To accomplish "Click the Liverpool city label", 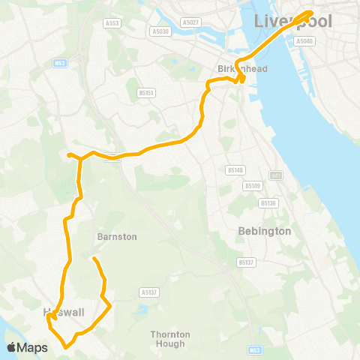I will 293,21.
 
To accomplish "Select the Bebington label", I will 263,231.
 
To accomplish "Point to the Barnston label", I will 117,236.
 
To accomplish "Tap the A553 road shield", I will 112,23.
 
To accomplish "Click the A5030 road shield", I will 160,31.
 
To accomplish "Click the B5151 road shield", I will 146,93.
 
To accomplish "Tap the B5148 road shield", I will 235,170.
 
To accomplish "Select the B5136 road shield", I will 268,202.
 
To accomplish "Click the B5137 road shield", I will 246,262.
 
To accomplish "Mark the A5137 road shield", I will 148,292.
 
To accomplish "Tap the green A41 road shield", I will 276,175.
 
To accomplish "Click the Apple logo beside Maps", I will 11,347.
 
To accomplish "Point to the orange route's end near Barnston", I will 94,259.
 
